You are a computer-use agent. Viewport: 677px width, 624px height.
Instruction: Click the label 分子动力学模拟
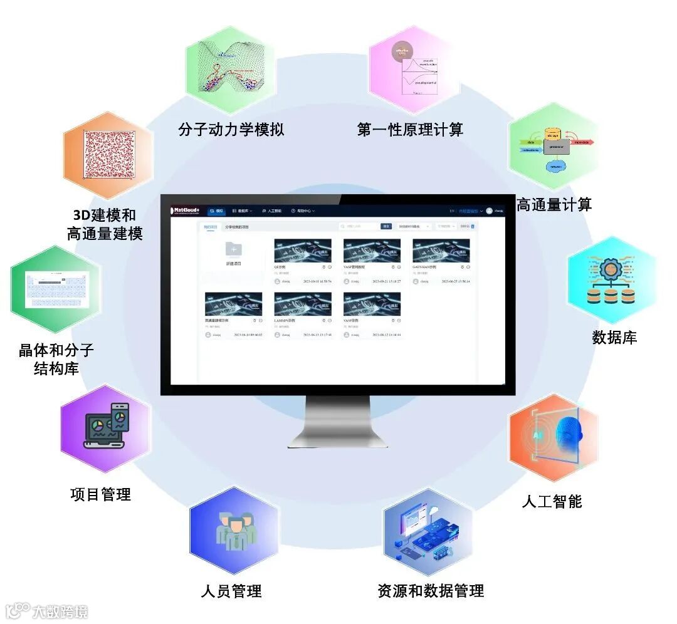click(231, 130)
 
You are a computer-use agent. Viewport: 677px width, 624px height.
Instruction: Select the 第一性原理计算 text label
click(410, 130)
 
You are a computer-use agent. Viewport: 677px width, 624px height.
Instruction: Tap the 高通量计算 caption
click(554, 204)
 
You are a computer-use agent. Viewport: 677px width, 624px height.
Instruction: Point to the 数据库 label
click(614, 337)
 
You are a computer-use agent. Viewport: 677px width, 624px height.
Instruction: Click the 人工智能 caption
click(552, 501)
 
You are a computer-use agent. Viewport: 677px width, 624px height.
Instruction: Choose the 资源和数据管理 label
click(431, 590)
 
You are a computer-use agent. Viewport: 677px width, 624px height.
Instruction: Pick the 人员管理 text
click(231, 590)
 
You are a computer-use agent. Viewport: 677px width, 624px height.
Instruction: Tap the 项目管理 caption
click(100, 494)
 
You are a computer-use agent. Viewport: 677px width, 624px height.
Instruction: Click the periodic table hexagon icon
click(56, 289)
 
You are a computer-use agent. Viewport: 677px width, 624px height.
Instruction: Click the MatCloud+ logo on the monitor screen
click(186, 211)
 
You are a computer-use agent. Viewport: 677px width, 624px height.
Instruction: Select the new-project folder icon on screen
click(233, 249)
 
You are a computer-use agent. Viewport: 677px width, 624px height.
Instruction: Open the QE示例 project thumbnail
click(303, 251)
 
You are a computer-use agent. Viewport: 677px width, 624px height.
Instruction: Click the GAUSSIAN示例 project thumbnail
click(441, 251)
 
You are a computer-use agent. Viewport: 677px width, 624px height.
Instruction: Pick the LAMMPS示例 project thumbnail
click(303, 304)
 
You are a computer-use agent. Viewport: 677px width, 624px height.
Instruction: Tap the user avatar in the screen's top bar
click(489, 211)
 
